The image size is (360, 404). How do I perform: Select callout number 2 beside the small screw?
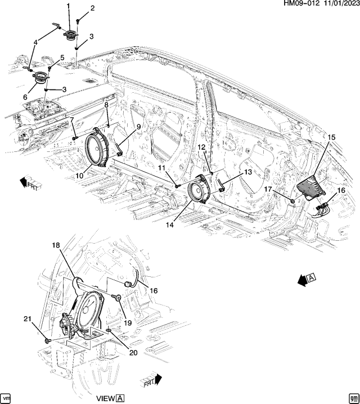(92, 8)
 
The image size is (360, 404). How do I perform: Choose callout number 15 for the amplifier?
(331, 137)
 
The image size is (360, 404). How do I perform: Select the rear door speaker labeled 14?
(199, 192)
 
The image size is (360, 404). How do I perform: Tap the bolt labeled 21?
(47, 340)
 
